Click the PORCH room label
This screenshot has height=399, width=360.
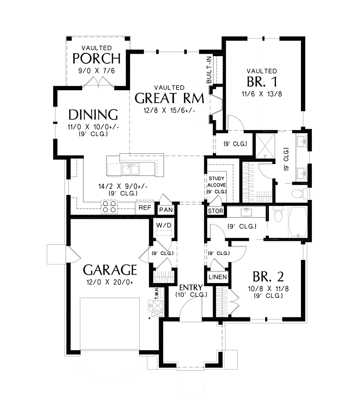click(x=96, y=58)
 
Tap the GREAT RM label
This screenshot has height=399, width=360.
click(x=169, y=98)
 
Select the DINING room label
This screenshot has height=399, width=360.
click(x=93, y=115)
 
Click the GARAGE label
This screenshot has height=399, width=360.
click(x=110, y=270)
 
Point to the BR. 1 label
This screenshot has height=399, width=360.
click(x=262, y=82)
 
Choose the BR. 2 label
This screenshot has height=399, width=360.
click(x=268, y=277)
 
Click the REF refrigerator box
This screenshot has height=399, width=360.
click(x=145, y=208)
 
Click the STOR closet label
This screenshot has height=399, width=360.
click(x=216, y=211)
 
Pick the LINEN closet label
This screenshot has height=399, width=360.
click(x=218, y=277)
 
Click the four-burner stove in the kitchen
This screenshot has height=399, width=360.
click(x=109, y=206)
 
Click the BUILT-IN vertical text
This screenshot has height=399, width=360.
click(x=209, y=70)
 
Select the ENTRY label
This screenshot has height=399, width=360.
click(x=191, y=287)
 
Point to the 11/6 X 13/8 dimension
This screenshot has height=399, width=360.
click(x=262, y=94)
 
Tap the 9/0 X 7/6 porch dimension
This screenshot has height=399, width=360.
click(x=97, y=71)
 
